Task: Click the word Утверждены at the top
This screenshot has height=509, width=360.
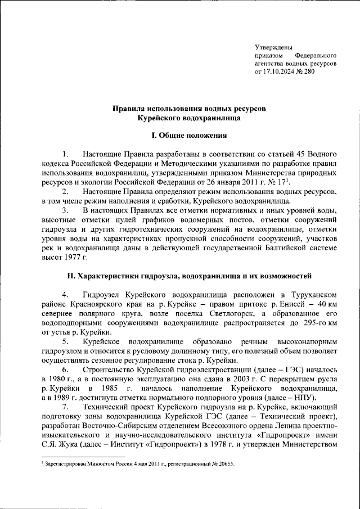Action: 273,47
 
